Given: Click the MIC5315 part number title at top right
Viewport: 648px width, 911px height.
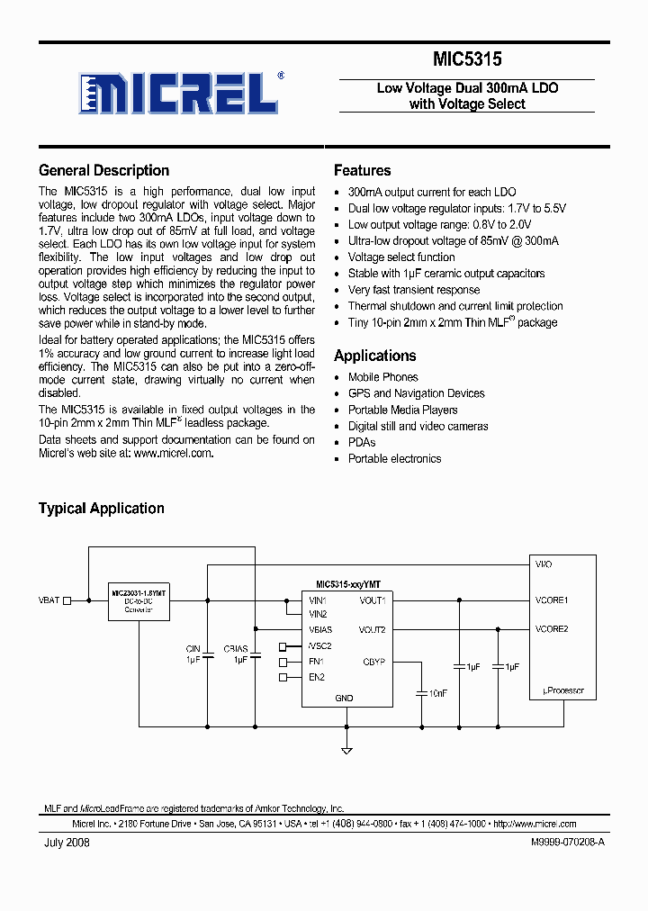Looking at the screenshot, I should [x=467, y=59].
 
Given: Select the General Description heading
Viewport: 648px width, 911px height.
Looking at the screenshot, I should [x=103, y=170].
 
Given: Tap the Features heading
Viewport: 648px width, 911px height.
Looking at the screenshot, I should [x=362, y=170].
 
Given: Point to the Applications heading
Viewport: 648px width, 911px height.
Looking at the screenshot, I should [x=374, y=356].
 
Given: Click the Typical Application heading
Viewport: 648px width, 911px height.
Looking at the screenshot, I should [x=101, y=509].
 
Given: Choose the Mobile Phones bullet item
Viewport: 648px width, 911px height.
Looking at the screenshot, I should [x=382, y=377].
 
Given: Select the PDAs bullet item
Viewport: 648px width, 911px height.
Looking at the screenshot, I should [x=362, y=442].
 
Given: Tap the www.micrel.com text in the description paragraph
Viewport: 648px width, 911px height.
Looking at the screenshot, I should [x=174, y=454].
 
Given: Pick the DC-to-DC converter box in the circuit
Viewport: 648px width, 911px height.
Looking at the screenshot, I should [x=139, y=601].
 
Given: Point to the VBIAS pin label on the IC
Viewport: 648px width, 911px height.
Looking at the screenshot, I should [x=320, y=629].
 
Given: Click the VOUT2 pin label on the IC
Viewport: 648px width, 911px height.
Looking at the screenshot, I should [x=372, y=629].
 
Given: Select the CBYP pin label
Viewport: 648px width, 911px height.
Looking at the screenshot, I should [x=373, y=662].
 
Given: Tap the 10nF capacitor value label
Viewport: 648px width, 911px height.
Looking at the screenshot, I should [x=438, y=693].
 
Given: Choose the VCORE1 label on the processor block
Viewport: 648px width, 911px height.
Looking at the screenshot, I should [x=552, y=600].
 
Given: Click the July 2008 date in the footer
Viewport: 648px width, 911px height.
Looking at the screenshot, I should [x=67, y=843].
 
